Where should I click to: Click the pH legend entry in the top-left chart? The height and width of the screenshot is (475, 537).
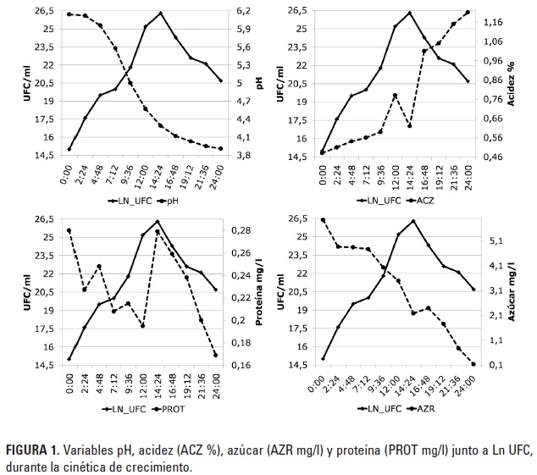[169, 201]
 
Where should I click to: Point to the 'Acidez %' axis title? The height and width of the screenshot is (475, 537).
[511, 82]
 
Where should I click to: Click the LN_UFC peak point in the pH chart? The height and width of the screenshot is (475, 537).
[161, 14]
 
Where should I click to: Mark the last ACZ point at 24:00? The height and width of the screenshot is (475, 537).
[468, 13]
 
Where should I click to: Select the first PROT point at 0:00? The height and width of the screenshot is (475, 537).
[69, 230]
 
